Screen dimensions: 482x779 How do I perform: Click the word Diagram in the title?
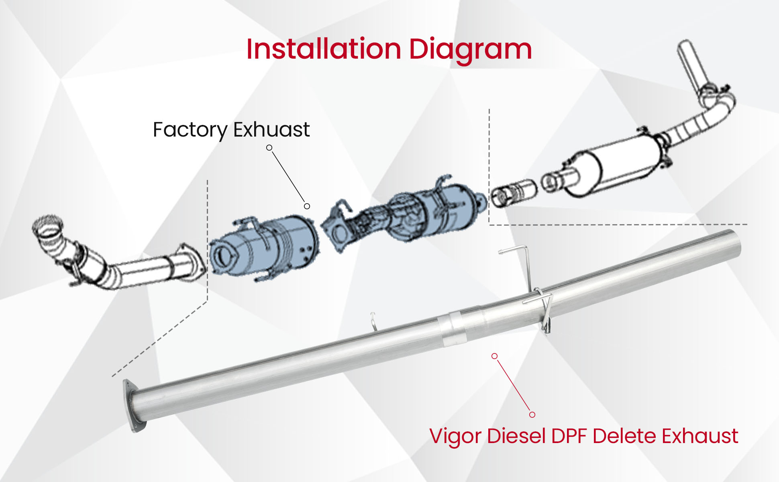click(470, 50)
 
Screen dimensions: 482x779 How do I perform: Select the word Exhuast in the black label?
click(271, 129)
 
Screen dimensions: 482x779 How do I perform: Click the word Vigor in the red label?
click(455, 437)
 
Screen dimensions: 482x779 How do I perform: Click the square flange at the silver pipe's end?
click(132, 406)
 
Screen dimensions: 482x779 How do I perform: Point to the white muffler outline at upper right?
click(614, 165)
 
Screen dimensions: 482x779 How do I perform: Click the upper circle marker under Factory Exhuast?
click(269, 148)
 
